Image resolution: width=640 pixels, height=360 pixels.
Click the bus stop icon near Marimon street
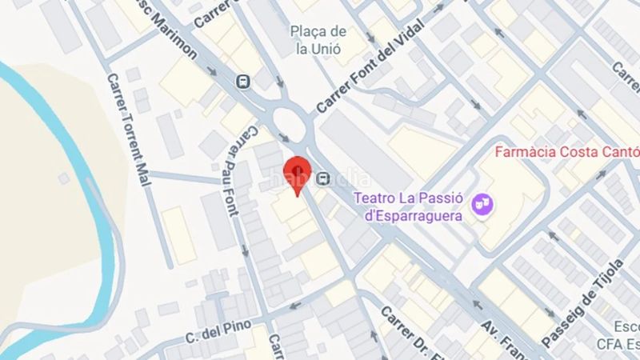click(242, 81)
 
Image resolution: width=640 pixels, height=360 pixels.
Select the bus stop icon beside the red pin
click(323, 178)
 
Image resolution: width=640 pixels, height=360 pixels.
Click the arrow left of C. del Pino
click(294, 306)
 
